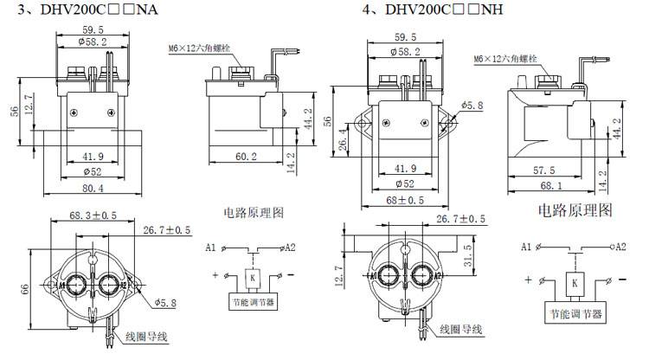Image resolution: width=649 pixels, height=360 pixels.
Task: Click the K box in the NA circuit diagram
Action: coord(250,278)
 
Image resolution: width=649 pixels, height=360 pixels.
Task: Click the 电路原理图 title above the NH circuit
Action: coord(575,209)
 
